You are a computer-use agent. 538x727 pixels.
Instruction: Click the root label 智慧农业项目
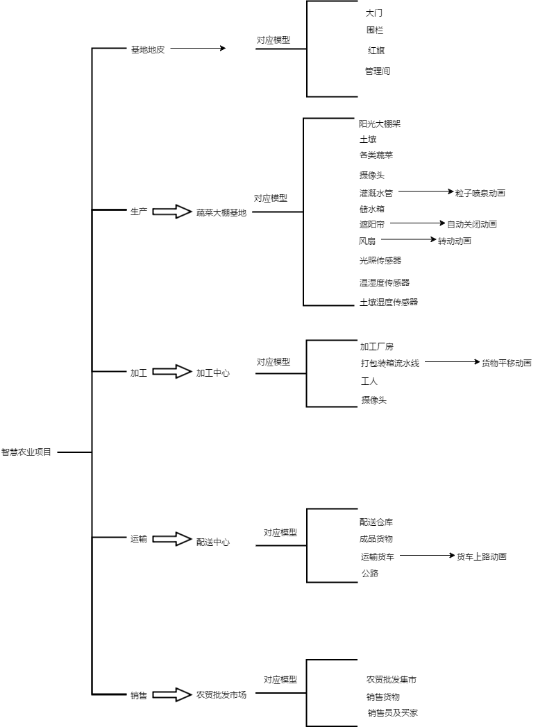pyautogui.click(x=26, y=452)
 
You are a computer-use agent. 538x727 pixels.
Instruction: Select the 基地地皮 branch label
pyautogui.click(x=148, y=50)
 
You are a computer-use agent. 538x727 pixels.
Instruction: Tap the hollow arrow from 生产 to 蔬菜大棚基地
pyautogui.click(x=171, y=212)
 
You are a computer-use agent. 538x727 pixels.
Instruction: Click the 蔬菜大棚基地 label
pyautogui.click(x=221, y=212)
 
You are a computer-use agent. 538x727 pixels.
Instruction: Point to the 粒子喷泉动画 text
pyautogui.click(x=480, y=193)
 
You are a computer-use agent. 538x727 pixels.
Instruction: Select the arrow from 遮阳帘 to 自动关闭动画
pyautogui.click(x=417, y=223)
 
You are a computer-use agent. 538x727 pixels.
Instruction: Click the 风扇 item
pyautogui.click(x=367, y=241)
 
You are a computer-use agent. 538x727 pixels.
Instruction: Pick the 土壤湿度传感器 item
pyautogui.click(x=389, y=302)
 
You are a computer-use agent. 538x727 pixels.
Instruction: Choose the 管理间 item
pyautogui.click(x=378, y=71)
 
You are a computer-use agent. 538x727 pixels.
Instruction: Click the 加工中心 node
pyautogui.click(x=212, y=373)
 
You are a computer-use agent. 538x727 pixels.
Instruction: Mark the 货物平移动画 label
pyautogui.click(x=506, y=363)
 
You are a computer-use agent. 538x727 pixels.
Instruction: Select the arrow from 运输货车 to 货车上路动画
pyautogui.click(x=427, y=555)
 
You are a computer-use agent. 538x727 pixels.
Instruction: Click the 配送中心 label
pyautogui.click(x=212, y=542)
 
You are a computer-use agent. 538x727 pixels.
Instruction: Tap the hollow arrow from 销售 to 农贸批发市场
pyautogui.click(x=171, y=694)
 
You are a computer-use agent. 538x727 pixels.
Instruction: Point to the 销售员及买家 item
pyautogui.click(x=392, y=713)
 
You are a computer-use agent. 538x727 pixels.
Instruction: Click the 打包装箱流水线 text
pyautogui.click(x=389, y=363)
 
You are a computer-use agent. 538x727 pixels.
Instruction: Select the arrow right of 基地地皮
pyautogui.click(x=198, y=49)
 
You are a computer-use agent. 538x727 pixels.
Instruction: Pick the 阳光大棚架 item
pyautogui.click(x=380, y=124)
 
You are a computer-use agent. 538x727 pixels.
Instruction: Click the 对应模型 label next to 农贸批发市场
pyautogui.click(x=280, y=680)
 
